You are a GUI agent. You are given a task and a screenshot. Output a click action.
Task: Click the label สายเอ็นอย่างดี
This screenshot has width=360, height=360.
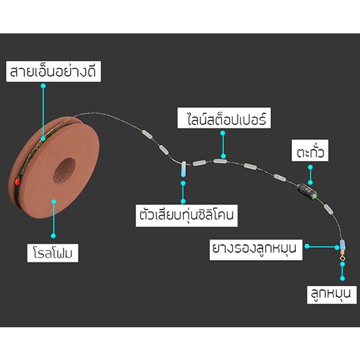(53, 71)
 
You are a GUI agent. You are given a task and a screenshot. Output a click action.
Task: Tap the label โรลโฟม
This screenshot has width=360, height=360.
(53, 253)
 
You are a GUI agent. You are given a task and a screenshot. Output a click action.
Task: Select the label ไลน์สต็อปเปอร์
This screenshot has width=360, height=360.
(224, 118)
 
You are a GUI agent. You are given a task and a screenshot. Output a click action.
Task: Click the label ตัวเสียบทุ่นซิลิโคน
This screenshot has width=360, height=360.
(187, 215)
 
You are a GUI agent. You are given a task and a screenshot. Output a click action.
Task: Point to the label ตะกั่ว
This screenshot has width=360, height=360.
(310, 151)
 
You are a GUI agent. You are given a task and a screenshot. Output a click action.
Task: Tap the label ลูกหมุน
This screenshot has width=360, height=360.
(332, 295)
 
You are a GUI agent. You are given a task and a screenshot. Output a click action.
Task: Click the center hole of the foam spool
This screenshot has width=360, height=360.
(64, 171)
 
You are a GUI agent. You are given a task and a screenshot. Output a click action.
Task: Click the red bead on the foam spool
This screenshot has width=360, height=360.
(17, 181)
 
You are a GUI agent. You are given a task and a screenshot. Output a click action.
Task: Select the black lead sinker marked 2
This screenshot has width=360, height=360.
(308, 190)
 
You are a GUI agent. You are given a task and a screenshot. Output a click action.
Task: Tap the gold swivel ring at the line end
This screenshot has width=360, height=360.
(342, 258)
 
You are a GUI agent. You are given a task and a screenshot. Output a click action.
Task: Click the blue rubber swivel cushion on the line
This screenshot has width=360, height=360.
(342, 245)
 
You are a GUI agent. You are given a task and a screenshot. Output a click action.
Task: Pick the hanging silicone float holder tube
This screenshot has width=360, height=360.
(183, 169)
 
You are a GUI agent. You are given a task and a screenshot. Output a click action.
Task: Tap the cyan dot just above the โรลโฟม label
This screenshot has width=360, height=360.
(53, 236)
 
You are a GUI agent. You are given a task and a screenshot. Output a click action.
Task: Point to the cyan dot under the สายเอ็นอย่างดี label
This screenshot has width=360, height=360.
(43, 86)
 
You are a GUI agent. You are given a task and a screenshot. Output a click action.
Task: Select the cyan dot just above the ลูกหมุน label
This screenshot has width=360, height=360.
(342, 278)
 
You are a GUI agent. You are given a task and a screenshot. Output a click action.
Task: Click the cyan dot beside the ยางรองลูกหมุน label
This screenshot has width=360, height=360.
(307, 246)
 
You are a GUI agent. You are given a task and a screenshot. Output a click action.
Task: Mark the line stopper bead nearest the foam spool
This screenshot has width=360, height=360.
(147, 134)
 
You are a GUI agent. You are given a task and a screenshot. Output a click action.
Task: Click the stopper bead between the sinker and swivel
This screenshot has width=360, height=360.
(329, 209)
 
